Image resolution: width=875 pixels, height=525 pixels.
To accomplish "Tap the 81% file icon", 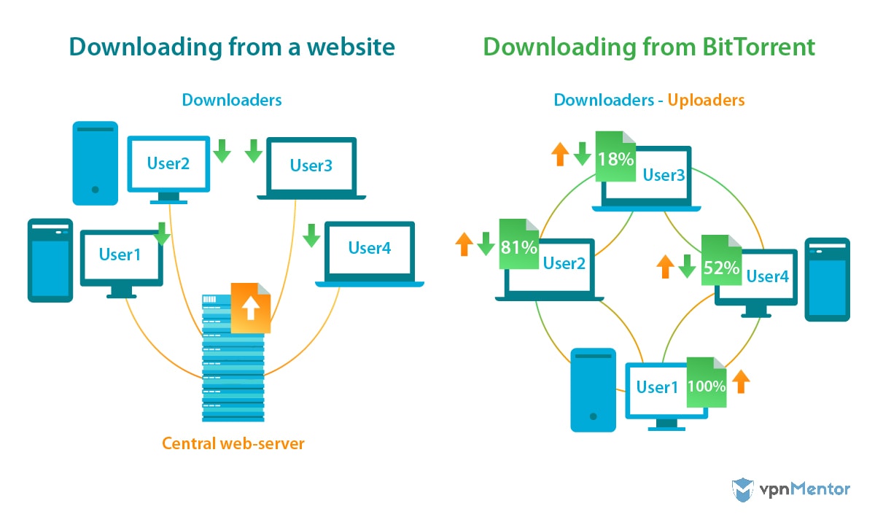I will tap(518, 245).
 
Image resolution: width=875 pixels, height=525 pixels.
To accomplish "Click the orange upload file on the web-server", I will tap(250, 308).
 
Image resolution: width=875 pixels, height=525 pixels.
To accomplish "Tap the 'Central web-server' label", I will tap(233, 443).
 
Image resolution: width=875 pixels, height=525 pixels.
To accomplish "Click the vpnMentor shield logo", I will tap(742, 489).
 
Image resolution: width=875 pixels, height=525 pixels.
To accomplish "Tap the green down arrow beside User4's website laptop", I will tap(311, 236).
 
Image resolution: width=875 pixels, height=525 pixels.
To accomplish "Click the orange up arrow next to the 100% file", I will tap(741, 381).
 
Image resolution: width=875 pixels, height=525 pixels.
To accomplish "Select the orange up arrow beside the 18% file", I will tap(559, 154).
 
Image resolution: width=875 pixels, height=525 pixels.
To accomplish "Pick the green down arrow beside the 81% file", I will tap(486, 244).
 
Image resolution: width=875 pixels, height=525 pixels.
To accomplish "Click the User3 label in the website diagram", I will tap(311, 166).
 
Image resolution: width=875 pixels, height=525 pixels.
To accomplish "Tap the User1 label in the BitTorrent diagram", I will tap(657, 387).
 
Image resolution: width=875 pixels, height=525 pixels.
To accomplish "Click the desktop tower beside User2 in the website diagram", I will tap(95, 163).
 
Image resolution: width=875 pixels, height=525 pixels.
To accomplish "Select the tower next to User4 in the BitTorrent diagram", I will tap(827, 279).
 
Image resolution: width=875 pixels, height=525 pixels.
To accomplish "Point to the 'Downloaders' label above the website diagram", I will tap(232, 100).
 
